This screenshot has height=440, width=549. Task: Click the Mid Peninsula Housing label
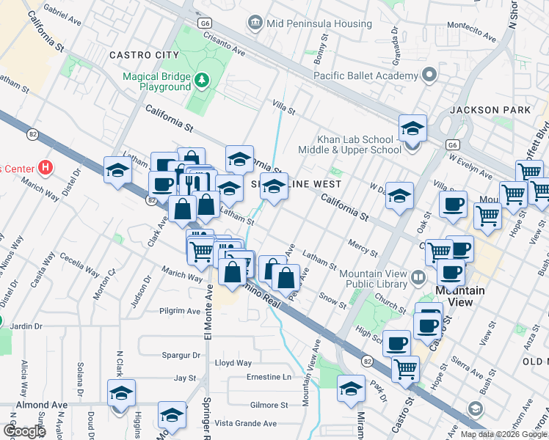click(x=309, y=23)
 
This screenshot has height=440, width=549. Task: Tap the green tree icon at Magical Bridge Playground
click(x=199, y=79)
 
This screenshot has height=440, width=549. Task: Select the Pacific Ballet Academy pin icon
click(x=429, y=75)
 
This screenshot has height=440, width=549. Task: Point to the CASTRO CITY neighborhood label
click(x=144, y=55)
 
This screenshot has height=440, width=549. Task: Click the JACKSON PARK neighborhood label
click(x=490, y=110)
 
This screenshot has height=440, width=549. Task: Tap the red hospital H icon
click(x=46, y=168)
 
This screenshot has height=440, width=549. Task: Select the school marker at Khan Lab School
click(x=413, y=129)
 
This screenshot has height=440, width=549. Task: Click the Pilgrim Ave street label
click(x=180, y=311)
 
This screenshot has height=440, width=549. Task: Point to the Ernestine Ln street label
click(x=269, y=377)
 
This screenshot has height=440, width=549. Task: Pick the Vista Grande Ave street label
click(x=245, y=423)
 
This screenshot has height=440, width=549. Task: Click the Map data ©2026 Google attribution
click(x=503, y=434)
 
